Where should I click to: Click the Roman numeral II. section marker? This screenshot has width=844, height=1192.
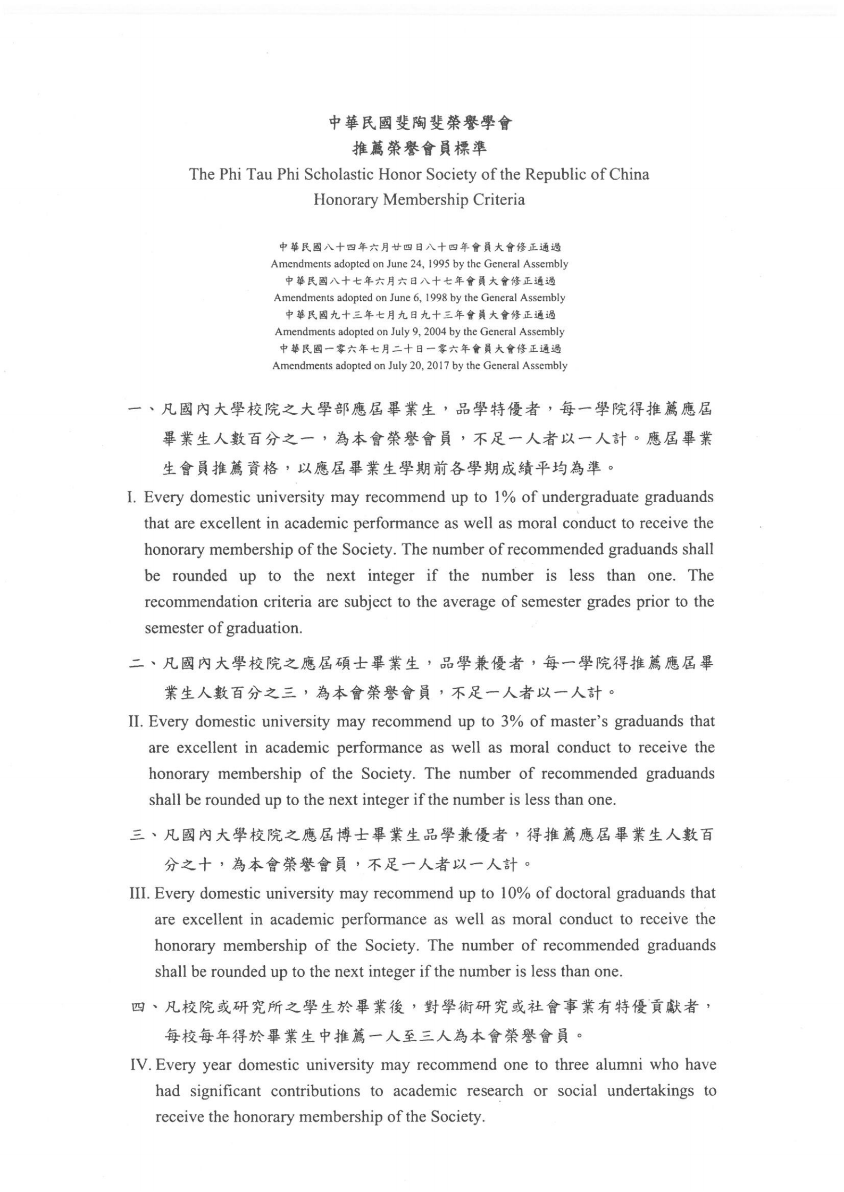click(x=137, y=722)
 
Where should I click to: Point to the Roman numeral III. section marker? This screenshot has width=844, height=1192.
click(x=140, y=893)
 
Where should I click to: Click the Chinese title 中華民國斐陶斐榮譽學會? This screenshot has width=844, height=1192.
click(x=420, y=124)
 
